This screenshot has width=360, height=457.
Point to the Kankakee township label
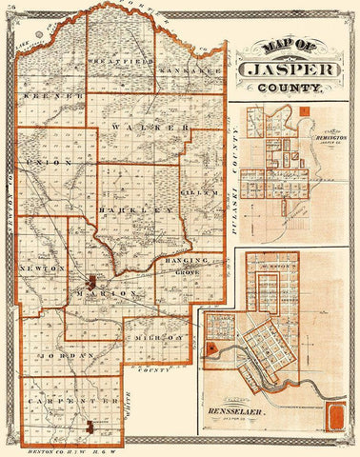point(190,72)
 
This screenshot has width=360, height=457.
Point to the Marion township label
point(113,294)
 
